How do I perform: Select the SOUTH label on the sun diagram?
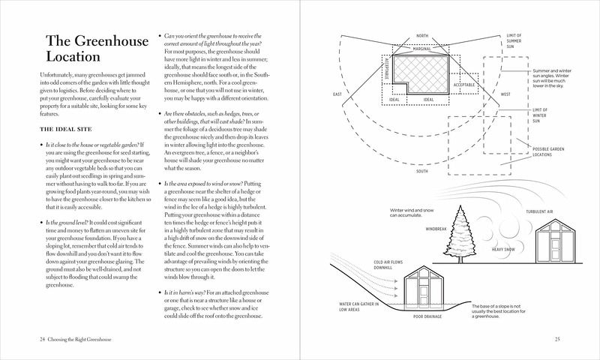coord(422,171)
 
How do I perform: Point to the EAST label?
coord(337,94)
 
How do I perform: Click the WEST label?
coord(505,94)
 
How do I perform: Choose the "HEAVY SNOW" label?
coord(505,249)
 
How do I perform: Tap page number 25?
coord(557,340)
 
